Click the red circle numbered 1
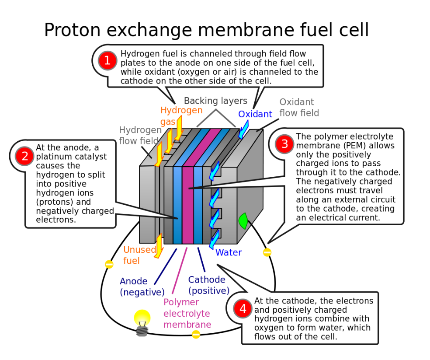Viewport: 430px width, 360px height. point(107,61)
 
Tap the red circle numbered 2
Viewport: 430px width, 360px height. point(24,156)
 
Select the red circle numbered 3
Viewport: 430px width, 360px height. point(284,144)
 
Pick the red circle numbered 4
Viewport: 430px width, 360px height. point(243,309)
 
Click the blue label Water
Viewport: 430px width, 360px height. point(228,253)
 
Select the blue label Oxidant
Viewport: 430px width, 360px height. point(255,114)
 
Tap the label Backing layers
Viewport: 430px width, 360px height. point(215,101)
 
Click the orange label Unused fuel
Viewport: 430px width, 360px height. point(139,255)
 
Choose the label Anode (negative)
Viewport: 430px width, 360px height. point(142,287)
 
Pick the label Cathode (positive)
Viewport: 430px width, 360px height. point(208,285)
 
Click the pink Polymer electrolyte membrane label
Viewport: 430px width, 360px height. point(187,313)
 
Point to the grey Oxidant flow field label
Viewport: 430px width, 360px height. point(299,108)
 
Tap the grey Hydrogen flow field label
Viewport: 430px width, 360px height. point(140,135)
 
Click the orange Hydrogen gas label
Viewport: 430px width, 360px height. point(181,115)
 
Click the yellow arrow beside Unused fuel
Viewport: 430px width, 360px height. point(159,246)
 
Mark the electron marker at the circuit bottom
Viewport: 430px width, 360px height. point(196,334)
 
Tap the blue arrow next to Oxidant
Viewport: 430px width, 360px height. point(243,129)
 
